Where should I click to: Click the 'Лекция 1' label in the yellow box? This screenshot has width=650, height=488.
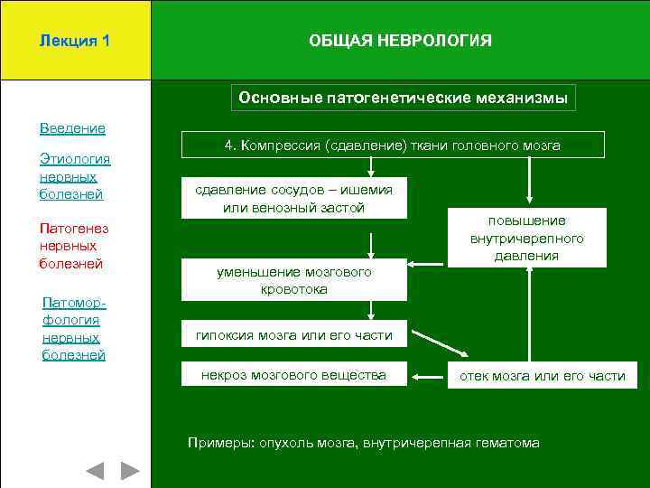click(75, 41)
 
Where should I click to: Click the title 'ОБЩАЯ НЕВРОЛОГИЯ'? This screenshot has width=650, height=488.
click(400, 41)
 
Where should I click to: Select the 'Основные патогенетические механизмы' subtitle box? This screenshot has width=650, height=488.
click(403, 98)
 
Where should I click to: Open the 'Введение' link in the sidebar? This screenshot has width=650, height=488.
click(72, 128)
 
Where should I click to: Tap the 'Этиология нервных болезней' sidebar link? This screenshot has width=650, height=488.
click(74, 176)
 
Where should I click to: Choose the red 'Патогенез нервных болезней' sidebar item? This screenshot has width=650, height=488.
click(71, 246)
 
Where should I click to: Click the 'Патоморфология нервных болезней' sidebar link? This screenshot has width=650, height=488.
click(73, 328)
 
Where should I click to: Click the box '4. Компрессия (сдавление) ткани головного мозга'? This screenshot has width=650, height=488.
click(392, 145)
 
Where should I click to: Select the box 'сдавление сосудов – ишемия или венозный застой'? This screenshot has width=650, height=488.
click(293, 198)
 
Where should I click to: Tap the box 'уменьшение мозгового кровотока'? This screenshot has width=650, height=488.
click(293, 281)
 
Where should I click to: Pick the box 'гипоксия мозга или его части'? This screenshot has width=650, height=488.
click(293, 335)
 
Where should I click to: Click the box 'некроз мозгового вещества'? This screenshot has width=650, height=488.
click(293, 375)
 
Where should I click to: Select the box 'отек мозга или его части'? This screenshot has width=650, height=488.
click(543, 376)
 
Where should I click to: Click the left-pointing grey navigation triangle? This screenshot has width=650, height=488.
click(95, 471)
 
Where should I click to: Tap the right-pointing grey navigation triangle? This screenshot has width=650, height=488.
click(131, 471)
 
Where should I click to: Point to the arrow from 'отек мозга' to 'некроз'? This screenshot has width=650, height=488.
click(428, 375)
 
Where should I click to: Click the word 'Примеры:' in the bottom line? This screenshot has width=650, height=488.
click(220, 443)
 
